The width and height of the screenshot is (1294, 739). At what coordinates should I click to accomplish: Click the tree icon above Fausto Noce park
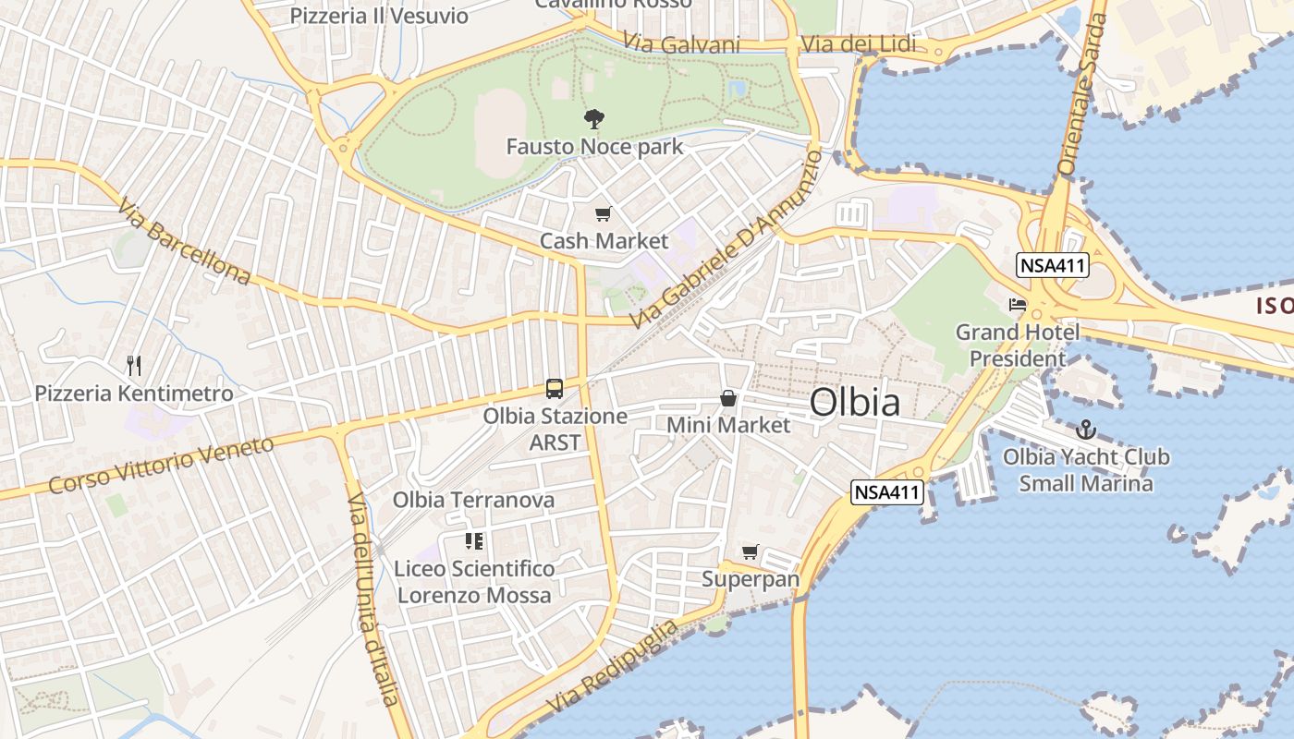[594, 118]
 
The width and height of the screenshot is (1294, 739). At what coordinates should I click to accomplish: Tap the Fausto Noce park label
[594, 146]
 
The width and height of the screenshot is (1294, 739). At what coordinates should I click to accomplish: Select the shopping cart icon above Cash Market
[603, 214]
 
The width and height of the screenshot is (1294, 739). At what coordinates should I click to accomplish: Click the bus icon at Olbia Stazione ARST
[555, 389]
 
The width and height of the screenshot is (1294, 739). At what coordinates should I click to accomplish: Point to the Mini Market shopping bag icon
[728, 398]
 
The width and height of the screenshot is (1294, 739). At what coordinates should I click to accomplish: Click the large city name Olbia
[854, 403]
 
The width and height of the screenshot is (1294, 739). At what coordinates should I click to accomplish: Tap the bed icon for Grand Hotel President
[1018, 304]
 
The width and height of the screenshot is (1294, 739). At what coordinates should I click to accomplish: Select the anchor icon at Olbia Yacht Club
[1086, 430]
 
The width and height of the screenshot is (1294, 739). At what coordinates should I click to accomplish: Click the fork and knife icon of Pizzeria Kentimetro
[134, 366]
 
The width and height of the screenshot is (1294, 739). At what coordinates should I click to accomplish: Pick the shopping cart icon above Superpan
[751, 551]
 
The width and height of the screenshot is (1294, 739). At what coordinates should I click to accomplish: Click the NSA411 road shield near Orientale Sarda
[1053, 266]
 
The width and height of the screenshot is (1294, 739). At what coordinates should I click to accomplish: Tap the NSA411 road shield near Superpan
[887, 492]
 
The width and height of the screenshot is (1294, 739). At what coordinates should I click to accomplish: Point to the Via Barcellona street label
[185, 240]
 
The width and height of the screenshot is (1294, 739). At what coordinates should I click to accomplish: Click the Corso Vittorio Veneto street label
[162, 465]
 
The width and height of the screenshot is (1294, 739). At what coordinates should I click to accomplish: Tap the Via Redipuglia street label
[612, 667]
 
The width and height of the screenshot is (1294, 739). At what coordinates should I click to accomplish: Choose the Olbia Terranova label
[473, 500]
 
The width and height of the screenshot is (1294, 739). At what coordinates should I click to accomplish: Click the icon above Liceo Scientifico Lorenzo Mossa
[474, 540]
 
